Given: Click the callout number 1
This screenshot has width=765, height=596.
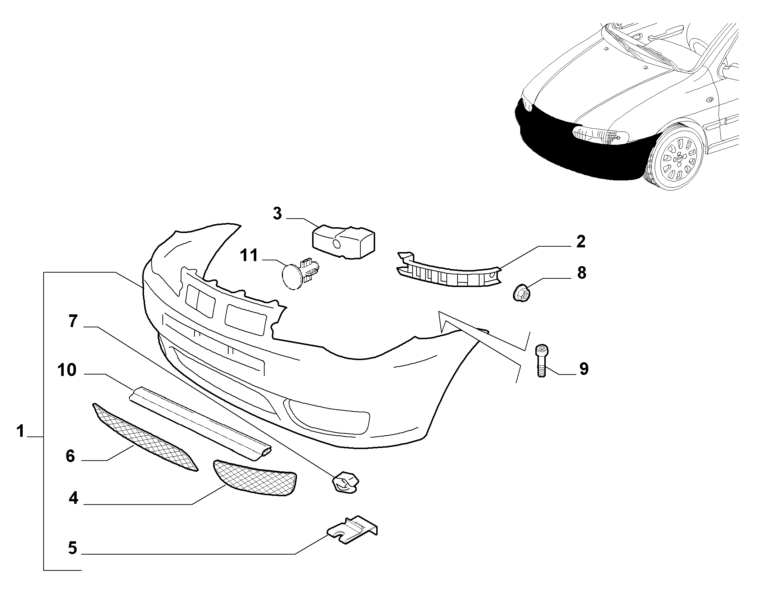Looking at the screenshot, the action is pyautogui.click(x=21, y=431).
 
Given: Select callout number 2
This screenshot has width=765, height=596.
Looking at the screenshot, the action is pyautogui.click(x=581, y=242).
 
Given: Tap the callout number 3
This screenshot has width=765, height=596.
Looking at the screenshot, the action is pyautogui.click(x=277, y=213).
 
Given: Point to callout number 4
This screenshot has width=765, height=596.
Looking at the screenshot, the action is pyautogui.click(x=73, y=498).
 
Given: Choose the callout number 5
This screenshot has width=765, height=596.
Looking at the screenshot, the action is pyautogui.click(x=73, y=548).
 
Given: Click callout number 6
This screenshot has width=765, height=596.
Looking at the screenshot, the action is pyautogui.click(x=70, y=456).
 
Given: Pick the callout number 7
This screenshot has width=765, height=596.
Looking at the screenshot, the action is pyautogui.click(x=73, y=321).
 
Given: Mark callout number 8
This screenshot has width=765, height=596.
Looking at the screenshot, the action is pyautogui.click(x=581, y=273).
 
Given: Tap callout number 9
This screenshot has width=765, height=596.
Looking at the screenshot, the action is pyautogui.click(x=584, y=369).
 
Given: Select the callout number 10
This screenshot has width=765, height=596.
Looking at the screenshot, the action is pyautogui.click(x=67, y=370).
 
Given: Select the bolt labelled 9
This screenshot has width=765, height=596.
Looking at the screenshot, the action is pyautogui.click(x=541, y=360).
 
